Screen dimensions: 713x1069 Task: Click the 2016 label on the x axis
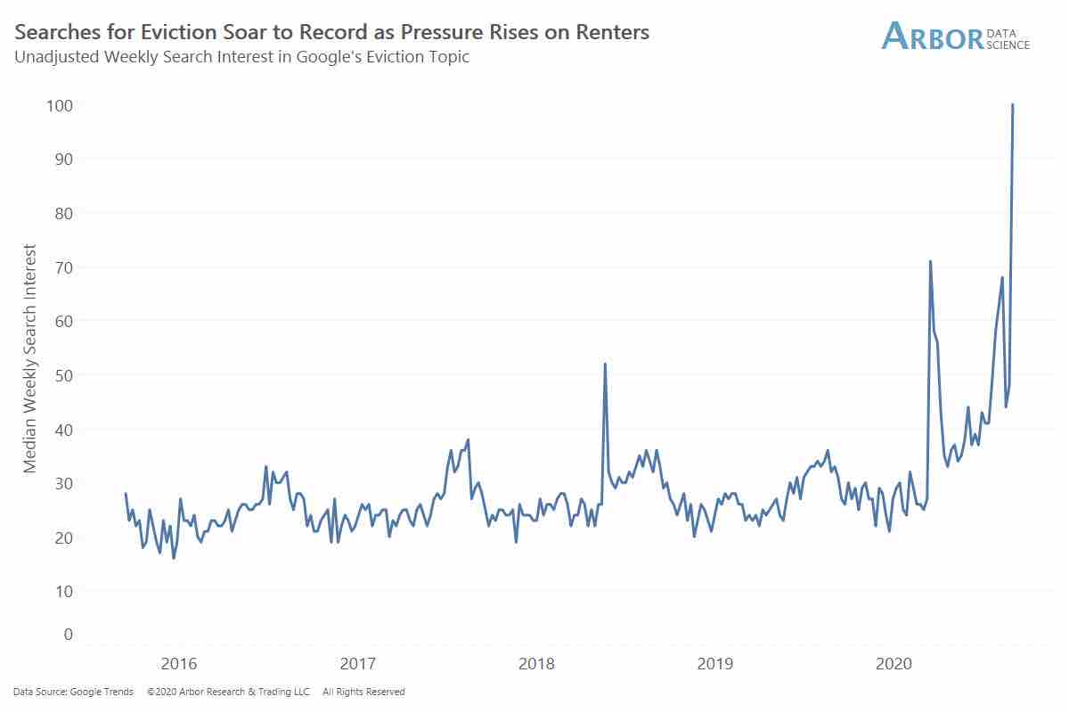point(179,664)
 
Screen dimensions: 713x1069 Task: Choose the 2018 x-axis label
point(536,664)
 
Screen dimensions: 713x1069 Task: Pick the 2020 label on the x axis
point(894,664)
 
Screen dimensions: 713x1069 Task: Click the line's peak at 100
point(1013,105)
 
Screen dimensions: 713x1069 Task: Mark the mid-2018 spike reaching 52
point(605,364)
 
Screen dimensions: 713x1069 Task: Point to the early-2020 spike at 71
point(930,261)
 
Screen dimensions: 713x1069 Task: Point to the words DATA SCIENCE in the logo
point(1008,39)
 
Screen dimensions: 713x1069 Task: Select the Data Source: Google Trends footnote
point(74,692)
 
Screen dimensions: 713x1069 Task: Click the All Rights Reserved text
point(363,692)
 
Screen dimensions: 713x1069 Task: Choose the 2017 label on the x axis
point(358,664)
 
